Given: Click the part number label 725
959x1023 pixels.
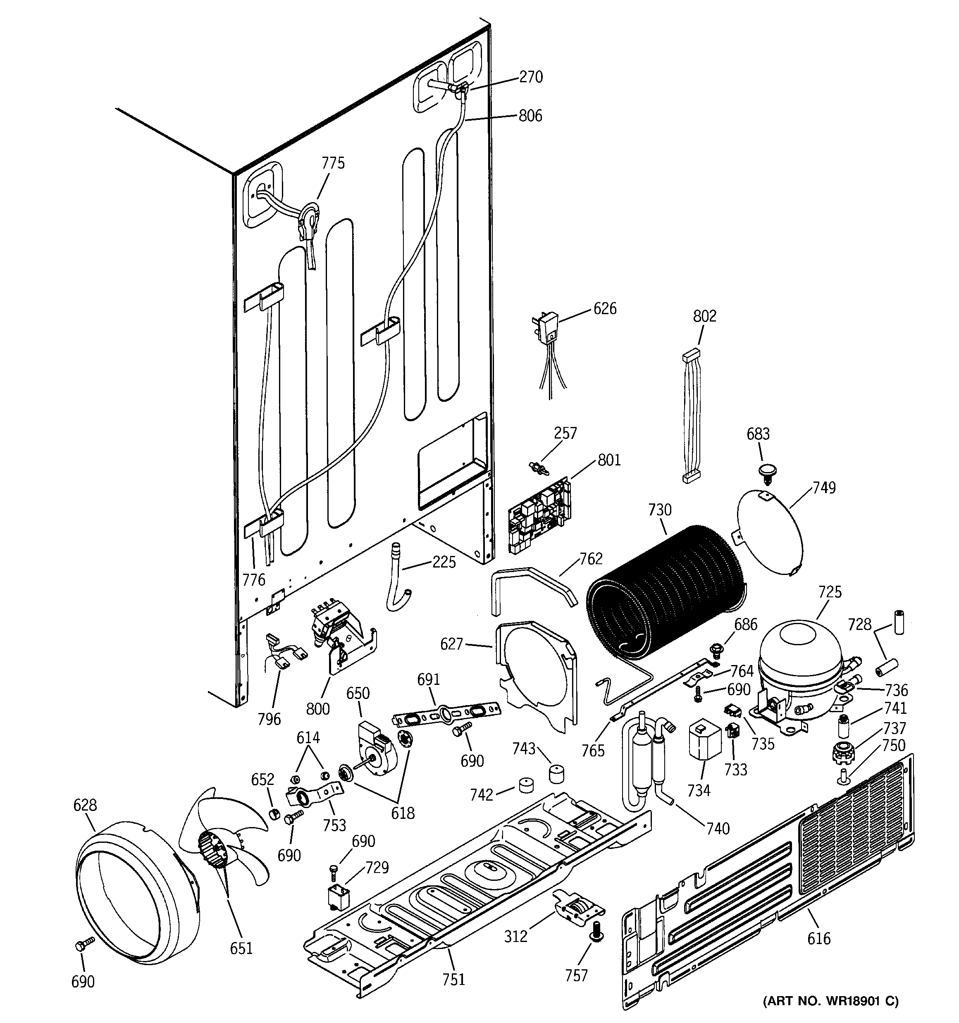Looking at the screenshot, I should pyautogui.click(x=829, y=592).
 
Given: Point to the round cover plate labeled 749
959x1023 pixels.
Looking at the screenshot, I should pyautogui.click(x=770, y=533).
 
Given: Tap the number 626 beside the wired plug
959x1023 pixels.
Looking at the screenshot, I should pyautogui.click(x=604, y=309).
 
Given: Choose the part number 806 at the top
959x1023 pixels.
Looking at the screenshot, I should pyautogui.click(x=530, y=116).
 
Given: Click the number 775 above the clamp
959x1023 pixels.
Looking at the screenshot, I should pyautogui.click(x=333, y=163).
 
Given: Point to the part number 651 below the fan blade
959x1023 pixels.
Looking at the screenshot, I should pyautogui.click(x=241, y=948).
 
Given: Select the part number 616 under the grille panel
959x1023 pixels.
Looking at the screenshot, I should pyautogui.click(x=818, y=939).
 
